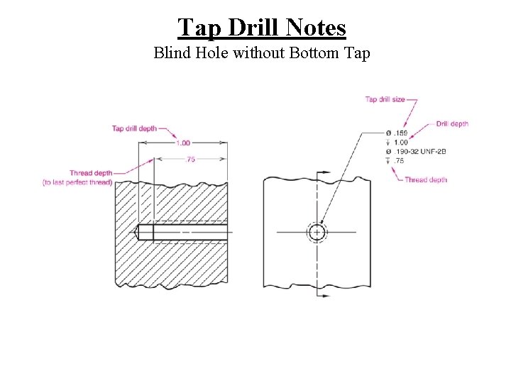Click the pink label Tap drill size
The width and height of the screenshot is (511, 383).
pos(385,99)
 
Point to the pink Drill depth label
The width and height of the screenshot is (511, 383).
pos(452,124)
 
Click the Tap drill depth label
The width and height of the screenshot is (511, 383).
pos(134,128)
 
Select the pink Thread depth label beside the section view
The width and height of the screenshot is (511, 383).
pos(90,173)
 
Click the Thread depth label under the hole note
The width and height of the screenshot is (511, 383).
pos(426,180)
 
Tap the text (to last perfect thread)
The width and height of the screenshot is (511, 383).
pos(77,182)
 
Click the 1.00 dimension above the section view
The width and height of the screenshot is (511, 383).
pos(182,143)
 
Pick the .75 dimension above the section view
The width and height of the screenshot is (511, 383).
pos(190,160)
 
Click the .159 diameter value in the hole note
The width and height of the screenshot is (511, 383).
pos(401,133)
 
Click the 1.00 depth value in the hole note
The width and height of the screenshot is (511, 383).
pos(401,143)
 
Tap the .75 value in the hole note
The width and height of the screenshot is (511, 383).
pos(400,161)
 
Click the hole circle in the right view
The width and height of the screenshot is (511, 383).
pos(317,232)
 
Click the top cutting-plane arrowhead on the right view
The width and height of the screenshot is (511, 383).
pos(326,172)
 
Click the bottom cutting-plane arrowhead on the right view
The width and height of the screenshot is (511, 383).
pos(326,293)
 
